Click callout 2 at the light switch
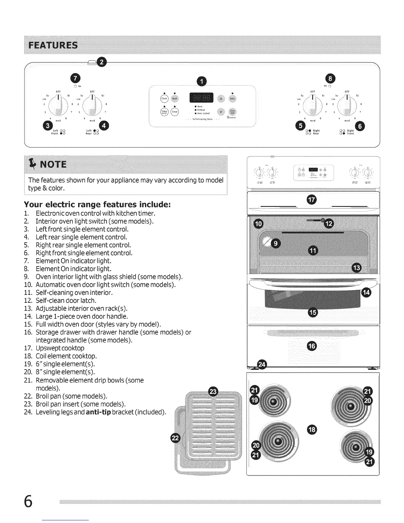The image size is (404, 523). [x=102, y=62]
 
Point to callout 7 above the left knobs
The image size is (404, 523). [x=76, y=78]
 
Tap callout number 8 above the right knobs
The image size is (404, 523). [x=330, y=78]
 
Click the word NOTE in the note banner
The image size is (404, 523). [x=53, y=164]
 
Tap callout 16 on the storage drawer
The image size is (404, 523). [x=312, y=346]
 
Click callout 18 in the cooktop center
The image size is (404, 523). [x=311, y=430]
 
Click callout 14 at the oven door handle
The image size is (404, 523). [x=366, y=292]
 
